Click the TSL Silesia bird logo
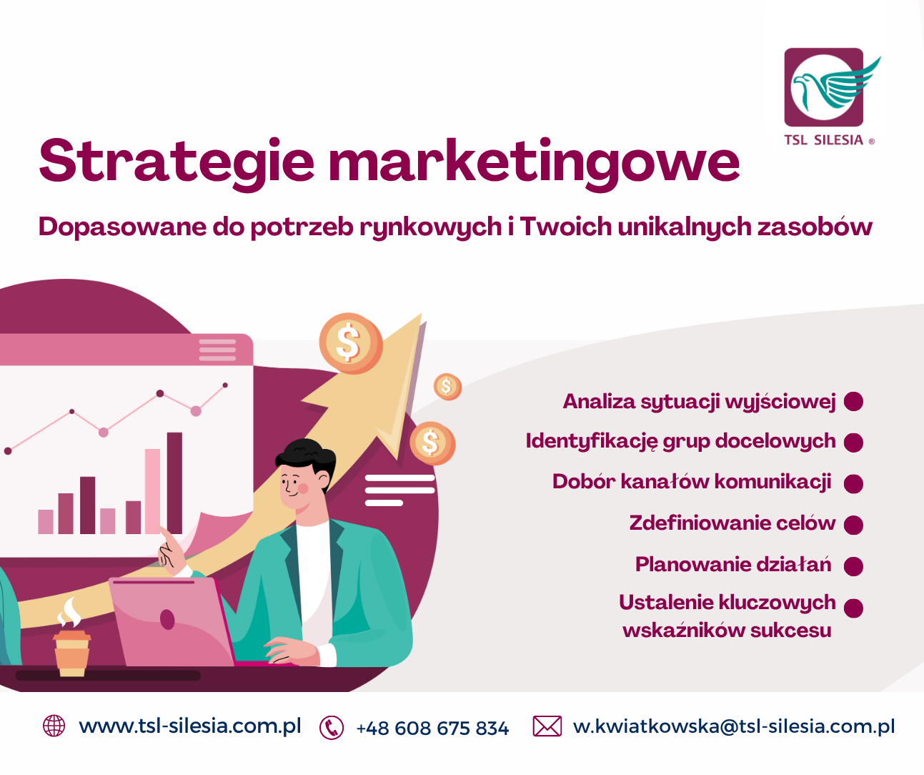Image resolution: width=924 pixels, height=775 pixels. tap(825, 87)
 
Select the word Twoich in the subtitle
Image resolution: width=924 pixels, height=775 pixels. tap(565, 227)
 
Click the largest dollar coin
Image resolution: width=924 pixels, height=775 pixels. tap(350, 342)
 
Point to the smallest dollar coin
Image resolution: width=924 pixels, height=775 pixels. tap(447, 387)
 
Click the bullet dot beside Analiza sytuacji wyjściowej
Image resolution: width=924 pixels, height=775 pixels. tap(853, 402)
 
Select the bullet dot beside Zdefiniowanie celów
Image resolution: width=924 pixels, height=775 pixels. tap(853, 525)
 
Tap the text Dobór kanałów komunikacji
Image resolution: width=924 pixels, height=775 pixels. tap(691, 482)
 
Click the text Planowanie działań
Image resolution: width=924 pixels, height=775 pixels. tap(732, 565)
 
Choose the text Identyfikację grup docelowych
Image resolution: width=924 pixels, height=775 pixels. tap(680, 441)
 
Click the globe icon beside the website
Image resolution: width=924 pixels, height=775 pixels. tap(54, 726)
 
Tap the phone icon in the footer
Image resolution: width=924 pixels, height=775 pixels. tap(332, 728)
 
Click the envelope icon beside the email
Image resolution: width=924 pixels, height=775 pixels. tap(547, 726)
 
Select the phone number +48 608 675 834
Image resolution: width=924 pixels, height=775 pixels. tap(432, 729)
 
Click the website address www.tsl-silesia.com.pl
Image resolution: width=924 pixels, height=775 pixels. tap(190, 726)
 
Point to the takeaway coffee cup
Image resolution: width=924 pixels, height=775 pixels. tap(71, 651)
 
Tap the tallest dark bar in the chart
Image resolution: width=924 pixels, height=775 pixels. tap(174, 483)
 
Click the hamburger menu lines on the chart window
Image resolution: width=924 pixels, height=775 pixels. tap(217, 350)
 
